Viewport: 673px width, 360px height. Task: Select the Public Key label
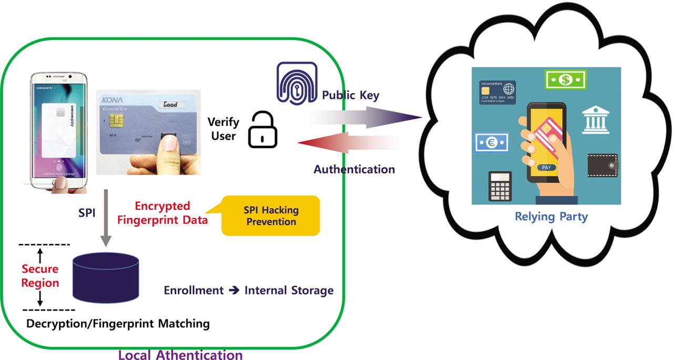point(351,95)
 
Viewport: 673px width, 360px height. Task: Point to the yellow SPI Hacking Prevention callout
point(271,215)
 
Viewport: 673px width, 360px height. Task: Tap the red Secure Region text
point(40,276)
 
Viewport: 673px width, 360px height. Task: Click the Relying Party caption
point(551,217)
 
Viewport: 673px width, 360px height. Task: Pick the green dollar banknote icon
point(566,80)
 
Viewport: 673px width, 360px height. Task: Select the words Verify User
point(223,129)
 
